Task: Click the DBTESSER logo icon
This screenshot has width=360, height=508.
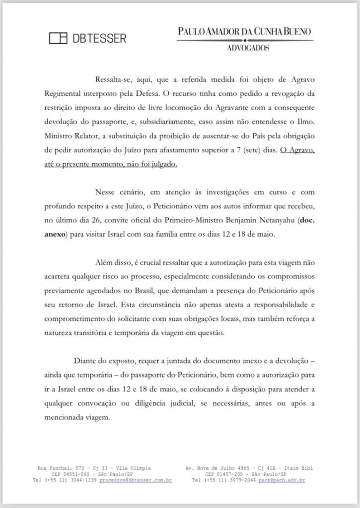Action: [x=58, y=38]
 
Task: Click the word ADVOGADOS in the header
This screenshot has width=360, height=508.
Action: [x=248, y=48]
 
